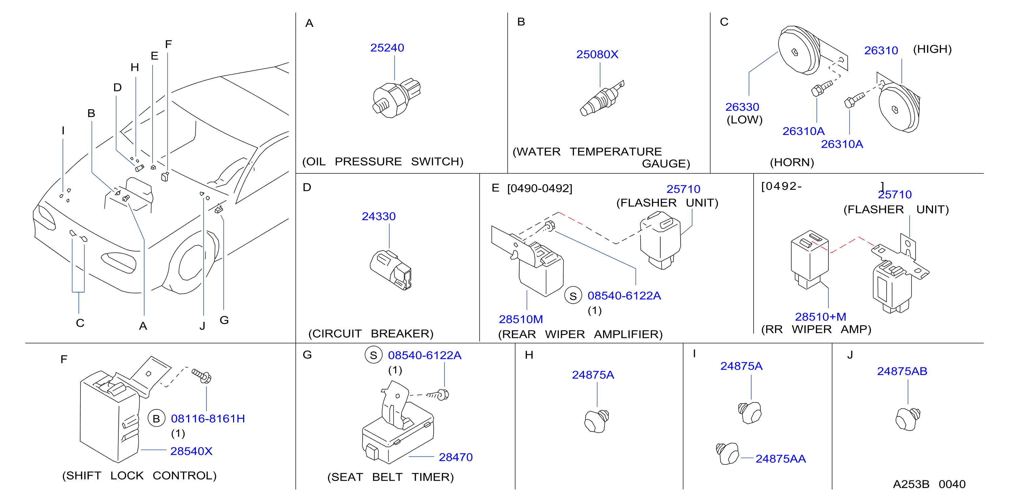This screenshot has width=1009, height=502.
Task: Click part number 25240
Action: click(387, 48)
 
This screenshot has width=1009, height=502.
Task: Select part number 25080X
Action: click(597, 54)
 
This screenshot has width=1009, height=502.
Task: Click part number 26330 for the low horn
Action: click(742, 107)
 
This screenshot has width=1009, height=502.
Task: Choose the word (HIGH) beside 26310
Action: click(932, 49)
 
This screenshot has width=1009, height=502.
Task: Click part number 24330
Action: click(379, 216)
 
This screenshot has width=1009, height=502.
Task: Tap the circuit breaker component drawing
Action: click(391, 270)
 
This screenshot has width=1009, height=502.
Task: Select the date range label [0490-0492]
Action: click(540, 188)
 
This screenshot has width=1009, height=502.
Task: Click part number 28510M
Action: click(521, 319)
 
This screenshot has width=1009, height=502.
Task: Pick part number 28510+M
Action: click(820, 316)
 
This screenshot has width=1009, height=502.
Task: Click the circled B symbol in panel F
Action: click(156, 418)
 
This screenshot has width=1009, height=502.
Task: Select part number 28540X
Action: click(191, 451)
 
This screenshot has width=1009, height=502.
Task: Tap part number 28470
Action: click(456, 457)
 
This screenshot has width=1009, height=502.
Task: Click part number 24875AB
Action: click(902, 371)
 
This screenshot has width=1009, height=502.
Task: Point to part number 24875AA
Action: click(780, 459)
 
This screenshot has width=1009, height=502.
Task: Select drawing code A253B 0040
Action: click(929, 484)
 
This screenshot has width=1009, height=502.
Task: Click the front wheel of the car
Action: click(192, 263)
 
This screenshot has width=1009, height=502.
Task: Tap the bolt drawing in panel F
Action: click(201, 376)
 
